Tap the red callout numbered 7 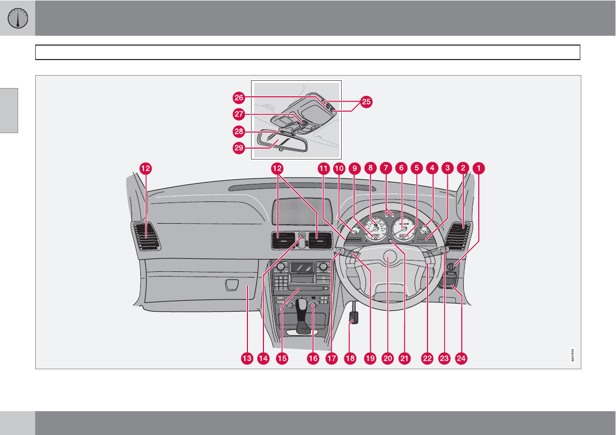tap(385, 168)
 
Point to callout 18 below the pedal tap(350, 358)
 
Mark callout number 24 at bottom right tap(460, 358)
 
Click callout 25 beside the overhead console tap(366, 102)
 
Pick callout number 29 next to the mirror tap(239, 147)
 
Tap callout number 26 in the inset tap(239, 97)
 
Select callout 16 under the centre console tap(313, 358)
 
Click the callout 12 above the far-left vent tap(145, 168)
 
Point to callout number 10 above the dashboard tap(339, 168)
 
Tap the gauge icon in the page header tap(18, 18)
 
